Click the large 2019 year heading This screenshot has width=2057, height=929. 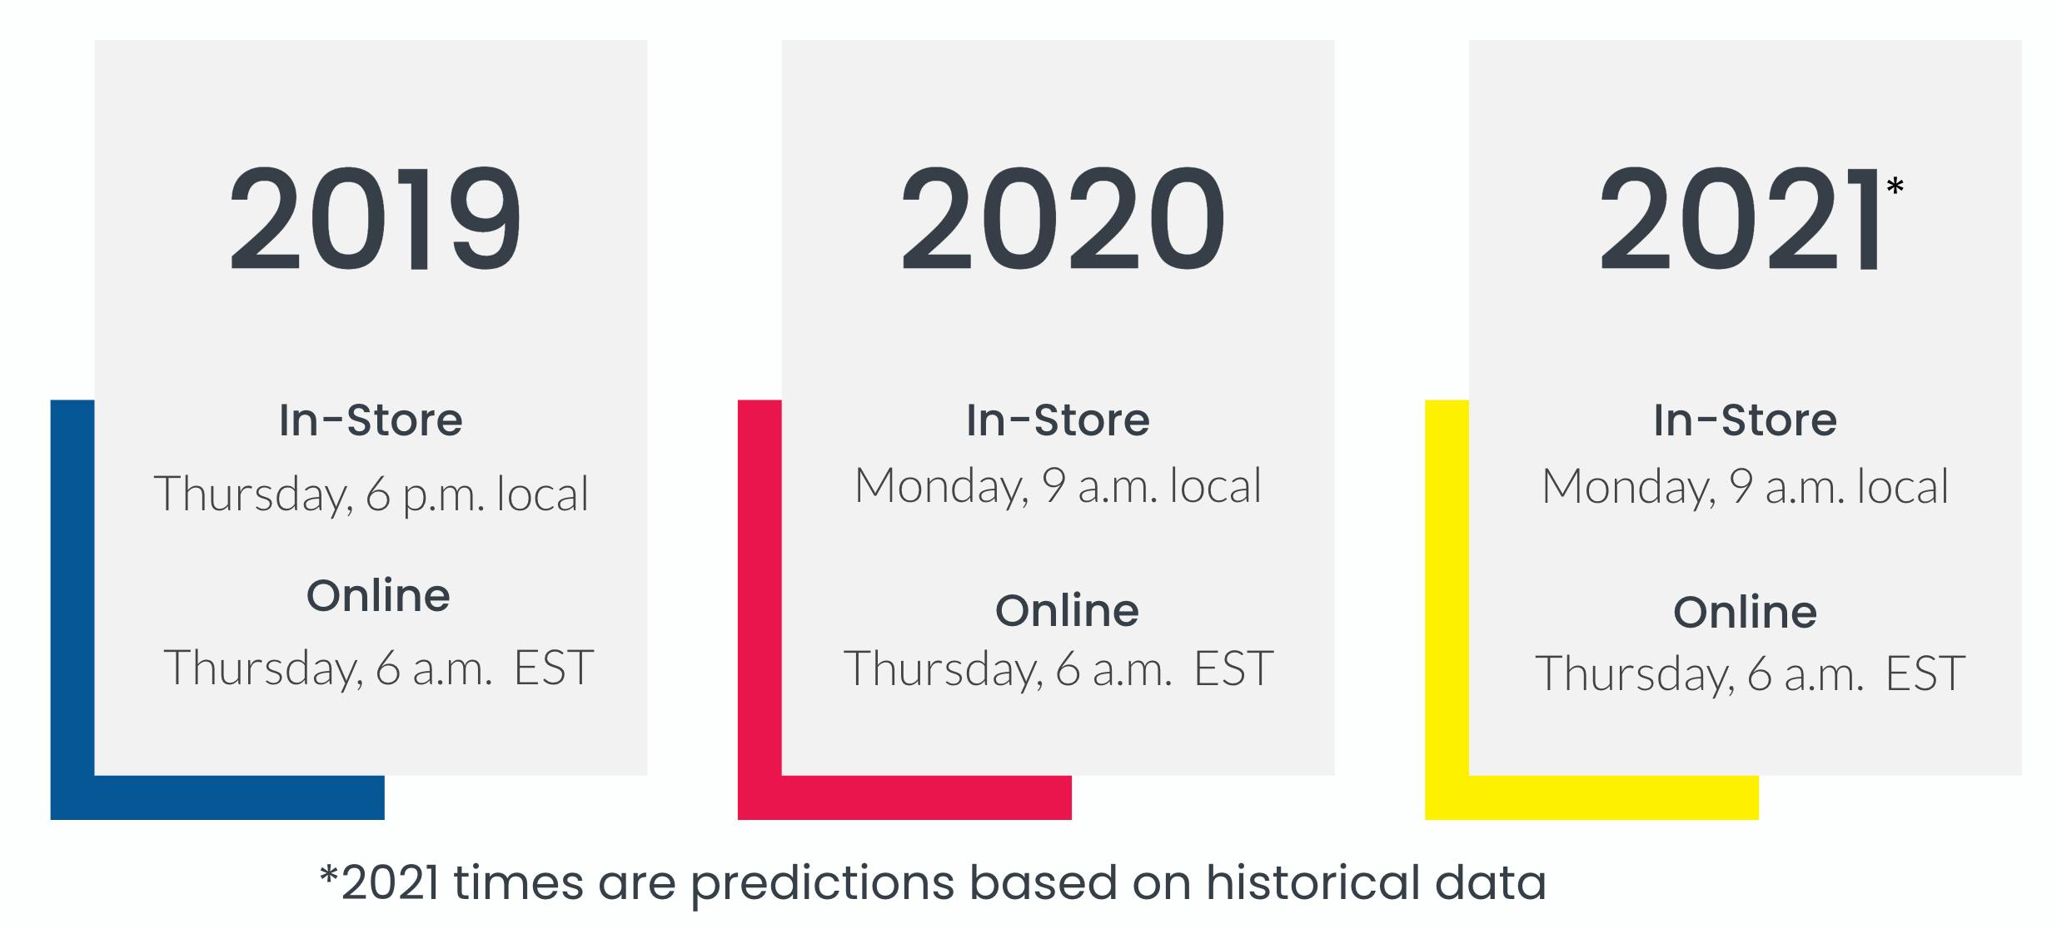point(375,219)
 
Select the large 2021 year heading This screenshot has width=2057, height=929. point(1738,219)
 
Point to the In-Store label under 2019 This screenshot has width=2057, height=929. point(371,420)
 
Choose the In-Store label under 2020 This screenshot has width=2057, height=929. point(1058,420)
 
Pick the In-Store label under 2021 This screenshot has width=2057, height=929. point(1745,420)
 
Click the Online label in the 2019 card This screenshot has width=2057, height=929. point(378,595)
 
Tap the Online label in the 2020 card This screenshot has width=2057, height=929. point(1067,610)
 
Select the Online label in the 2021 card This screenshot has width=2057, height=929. point(1745,613)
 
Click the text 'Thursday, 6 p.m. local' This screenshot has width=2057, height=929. point(371,494)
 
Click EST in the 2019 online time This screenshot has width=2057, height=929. point(554,668)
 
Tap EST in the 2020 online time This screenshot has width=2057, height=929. point(1233,668)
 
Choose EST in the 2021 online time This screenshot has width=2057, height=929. point(1925,673)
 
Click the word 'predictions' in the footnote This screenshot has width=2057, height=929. point(822,884)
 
